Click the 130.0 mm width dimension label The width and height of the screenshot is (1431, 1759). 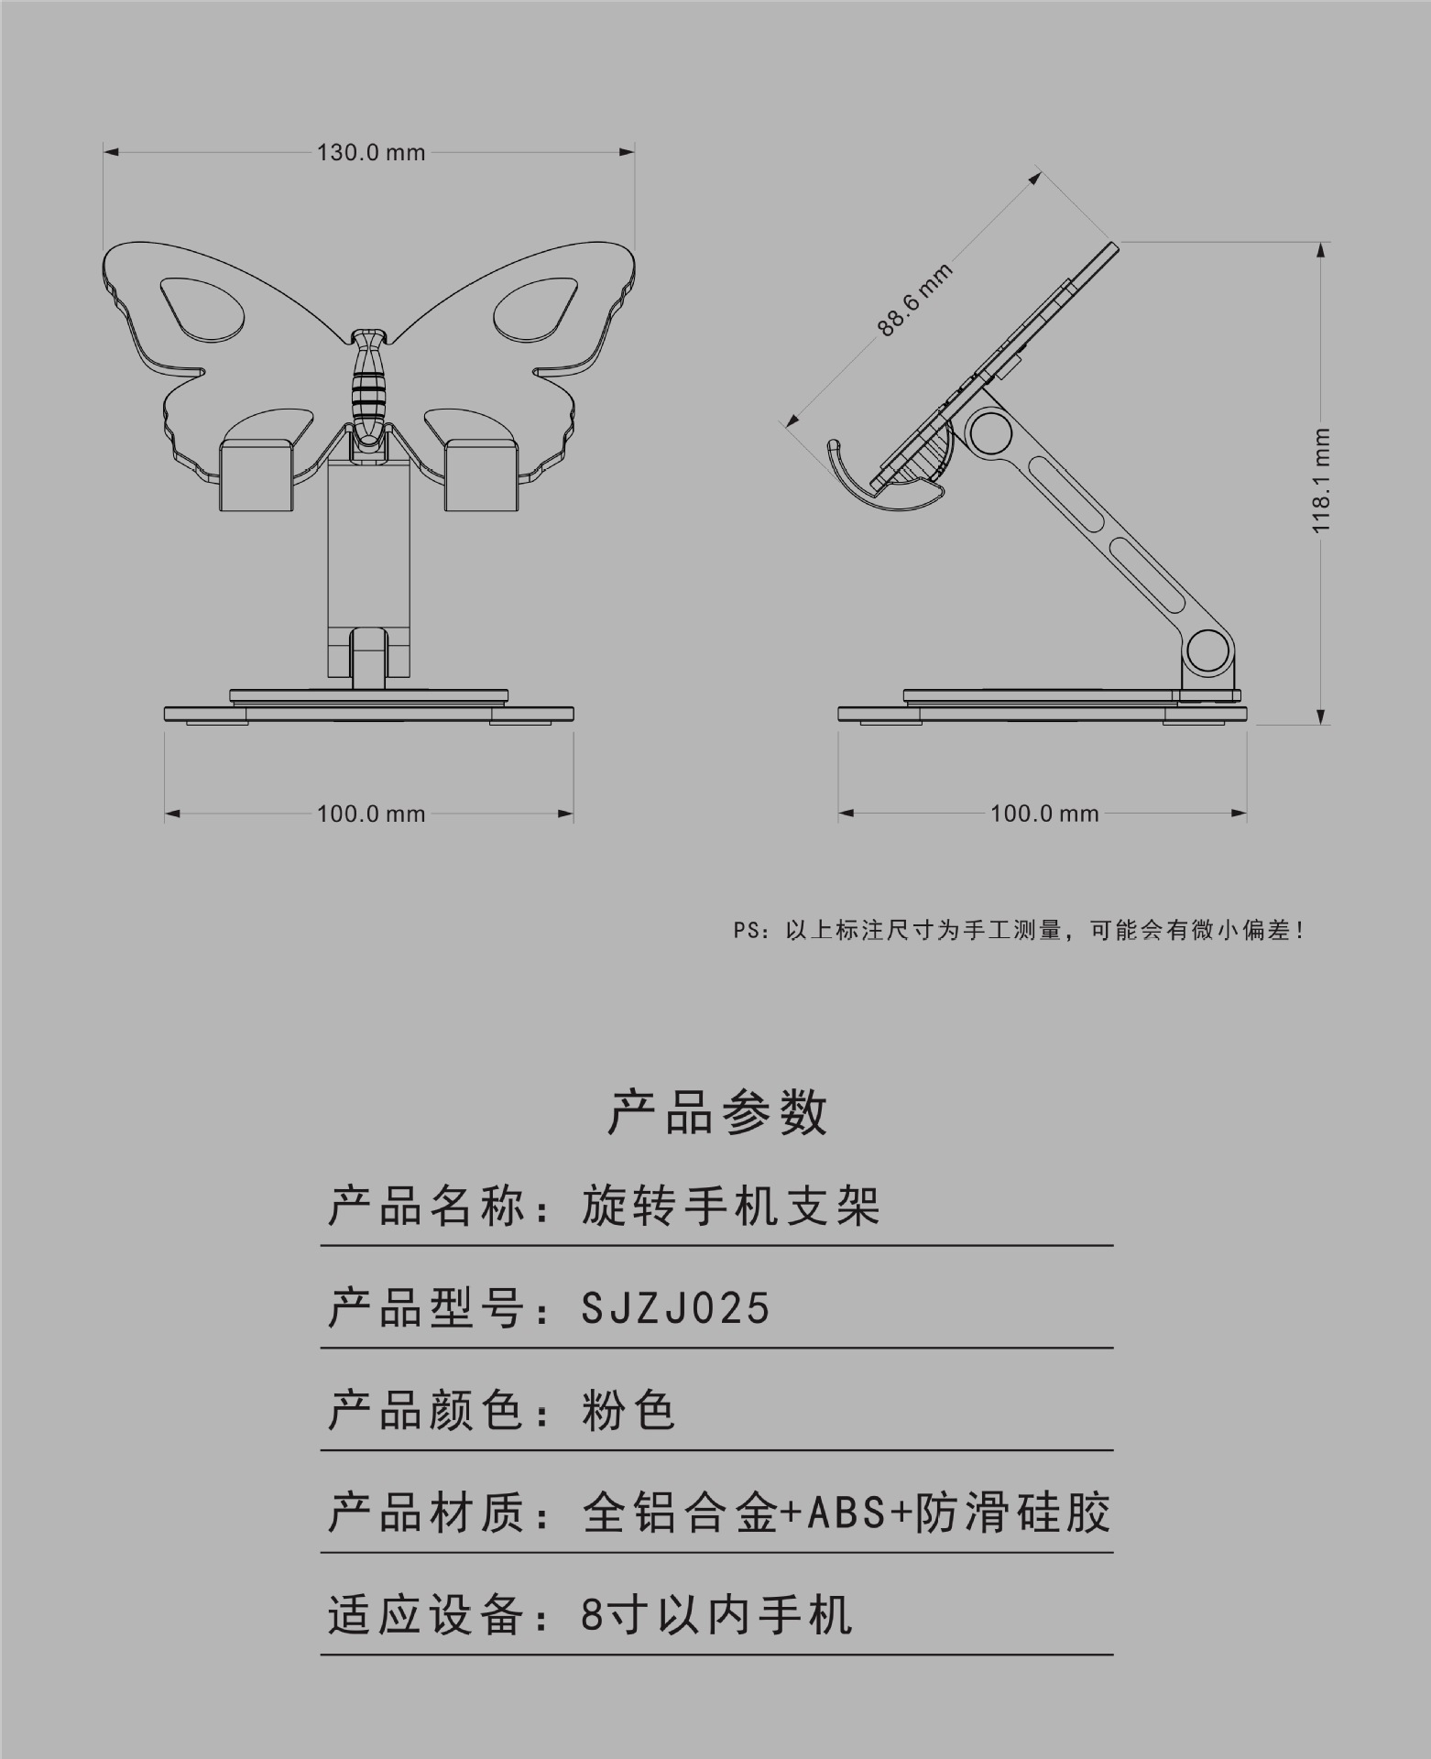(x=371, y=152)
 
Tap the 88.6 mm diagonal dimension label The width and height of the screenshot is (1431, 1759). (x=915, y=299)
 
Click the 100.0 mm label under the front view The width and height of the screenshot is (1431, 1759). (x=371, y=814)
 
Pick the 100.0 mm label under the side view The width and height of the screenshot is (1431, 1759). (x=1044, y=814)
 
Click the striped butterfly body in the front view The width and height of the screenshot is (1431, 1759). (x=368, y=385)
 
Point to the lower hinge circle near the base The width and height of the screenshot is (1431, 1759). (x=1207, y=649)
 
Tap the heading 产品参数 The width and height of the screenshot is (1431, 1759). (x=717, y=1113)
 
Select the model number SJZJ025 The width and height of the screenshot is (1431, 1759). (x=676, y=1307)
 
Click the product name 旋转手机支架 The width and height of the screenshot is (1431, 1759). (x=731, y=1206)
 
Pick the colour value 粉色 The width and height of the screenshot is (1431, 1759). (x=628, y=1410)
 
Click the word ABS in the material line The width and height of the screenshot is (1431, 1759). (x=847, y=1513)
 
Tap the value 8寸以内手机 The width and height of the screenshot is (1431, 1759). (x=716, y=1615)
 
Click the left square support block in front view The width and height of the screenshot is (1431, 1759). (x=257, y=475)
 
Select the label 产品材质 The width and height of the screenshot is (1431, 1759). (x=427, y=1513)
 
